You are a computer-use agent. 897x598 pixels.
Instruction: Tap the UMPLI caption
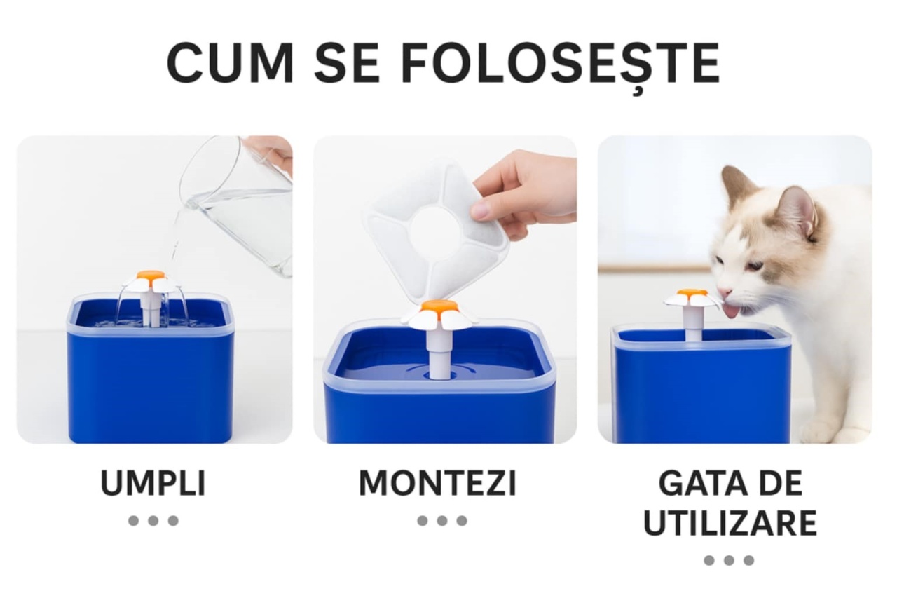pos(153,483)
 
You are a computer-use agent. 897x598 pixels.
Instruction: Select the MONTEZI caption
pos(438,483)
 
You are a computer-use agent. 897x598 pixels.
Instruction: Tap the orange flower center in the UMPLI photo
pos(151,276)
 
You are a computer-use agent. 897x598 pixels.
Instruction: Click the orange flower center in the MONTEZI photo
pos(439,308)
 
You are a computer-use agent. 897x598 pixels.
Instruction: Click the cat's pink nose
pos(723,291)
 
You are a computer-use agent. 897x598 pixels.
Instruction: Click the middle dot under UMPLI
pos(153,521)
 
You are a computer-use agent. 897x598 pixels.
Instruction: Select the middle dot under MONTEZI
pos(441,521)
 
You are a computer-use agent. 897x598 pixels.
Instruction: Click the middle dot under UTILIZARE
pos(729,560)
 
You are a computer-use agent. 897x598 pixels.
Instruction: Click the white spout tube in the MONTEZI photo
pos(437,352)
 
